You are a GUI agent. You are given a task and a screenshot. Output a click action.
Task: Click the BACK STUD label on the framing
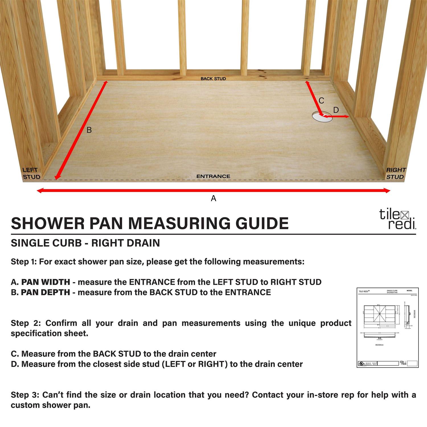(213, 79)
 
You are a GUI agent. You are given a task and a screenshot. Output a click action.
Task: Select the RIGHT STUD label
(396, 173)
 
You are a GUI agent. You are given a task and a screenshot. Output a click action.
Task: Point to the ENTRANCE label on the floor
(213, 176)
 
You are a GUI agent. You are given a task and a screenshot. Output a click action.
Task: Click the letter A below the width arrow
(213, 198)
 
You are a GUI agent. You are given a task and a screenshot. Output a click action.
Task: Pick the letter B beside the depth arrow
(89, 130)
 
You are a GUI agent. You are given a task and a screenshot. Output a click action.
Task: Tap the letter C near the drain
(321, 100)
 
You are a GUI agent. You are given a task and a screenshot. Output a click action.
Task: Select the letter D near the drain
(336, 110)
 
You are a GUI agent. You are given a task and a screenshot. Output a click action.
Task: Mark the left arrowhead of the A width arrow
(39, 191)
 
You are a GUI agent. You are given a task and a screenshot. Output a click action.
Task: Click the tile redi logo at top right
(397, 219)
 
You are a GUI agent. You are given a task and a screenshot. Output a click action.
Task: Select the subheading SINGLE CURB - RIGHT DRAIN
(85, 243)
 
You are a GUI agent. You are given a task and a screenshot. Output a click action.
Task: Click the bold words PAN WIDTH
(46, 282)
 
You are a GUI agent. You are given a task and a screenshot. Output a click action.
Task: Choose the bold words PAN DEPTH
(46, 292)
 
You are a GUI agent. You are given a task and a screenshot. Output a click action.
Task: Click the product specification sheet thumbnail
(387, 327)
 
